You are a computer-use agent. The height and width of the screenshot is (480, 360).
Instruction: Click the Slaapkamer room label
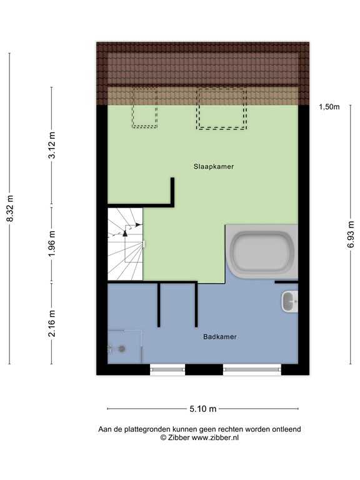pos(209,167)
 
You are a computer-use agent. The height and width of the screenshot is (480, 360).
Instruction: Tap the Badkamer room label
pos(219,336)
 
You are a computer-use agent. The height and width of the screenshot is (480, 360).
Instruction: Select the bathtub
pos(262,252)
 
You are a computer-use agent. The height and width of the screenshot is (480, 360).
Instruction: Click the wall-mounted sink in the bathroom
pos(290,302)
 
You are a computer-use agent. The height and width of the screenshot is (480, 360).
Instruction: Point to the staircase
pos(125,244)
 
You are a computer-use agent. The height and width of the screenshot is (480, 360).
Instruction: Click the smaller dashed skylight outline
pos(144,107)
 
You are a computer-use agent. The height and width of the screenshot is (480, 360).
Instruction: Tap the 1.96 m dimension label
pos(52,244)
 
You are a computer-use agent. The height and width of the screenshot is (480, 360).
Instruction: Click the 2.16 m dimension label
pos(52,323)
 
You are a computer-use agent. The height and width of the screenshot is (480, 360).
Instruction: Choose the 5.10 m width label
pos(202,409)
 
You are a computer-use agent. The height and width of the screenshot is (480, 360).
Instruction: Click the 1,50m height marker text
pos(329,107)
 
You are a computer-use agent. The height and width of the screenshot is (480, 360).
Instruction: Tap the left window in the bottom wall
pos(167,369)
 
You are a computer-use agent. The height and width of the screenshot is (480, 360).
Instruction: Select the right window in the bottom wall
pos(252,369)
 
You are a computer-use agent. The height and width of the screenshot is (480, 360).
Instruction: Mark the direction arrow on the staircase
pos(125,231)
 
